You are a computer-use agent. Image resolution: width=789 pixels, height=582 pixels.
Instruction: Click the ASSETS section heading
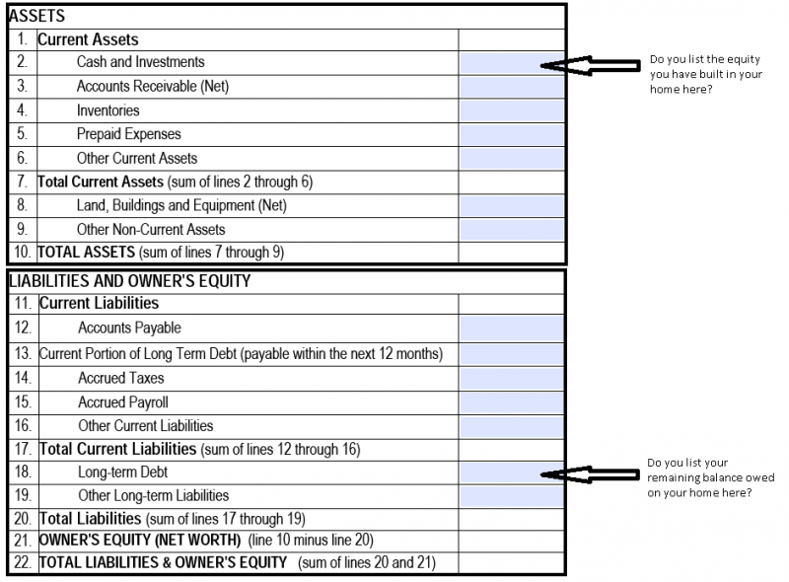coord(36,16)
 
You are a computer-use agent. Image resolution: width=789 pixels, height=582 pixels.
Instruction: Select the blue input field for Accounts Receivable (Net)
coord(511,87)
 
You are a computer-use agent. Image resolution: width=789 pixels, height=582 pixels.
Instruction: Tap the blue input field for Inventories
coord(511,110)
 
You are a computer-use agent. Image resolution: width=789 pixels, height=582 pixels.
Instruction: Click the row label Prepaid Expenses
coord(129,134)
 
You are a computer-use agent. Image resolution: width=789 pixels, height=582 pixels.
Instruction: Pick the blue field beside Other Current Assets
coord(511,158)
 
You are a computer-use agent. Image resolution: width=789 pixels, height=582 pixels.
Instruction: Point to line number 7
coord(22,182)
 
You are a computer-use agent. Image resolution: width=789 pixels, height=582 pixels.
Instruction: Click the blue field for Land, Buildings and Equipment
coord(511,206)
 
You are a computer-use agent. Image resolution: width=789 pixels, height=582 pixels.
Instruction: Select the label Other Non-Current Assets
coord(151,230)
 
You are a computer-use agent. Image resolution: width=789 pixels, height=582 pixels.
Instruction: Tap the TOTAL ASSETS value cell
coord(511,253)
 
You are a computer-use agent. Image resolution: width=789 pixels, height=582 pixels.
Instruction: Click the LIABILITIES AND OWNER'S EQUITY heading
coord(130,281)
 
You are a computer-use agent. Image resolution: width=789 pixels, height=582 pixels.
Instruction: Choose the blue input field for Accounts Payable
coord(511,328)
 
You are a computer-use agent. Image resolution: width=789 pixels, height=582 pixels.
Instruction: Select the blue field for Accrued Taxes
coord(511,379)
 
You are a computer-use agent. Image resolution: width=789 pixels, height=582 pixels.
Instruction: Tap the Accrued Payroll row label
coord(123,402)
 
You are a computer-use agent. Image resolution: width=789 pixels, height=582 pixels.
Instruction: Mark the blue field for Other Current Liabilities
coord(511,426)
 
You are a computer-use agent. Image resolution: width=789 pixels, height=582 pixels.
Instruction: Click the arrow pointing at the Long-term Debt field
coord(590,474)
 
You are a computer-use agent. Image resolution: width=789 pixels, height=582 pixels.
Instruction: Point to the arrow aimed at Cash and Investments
coord(590,65)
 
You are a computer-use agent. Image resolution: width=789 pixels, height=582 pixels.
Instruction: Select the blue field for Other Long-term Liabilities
coord(511,496)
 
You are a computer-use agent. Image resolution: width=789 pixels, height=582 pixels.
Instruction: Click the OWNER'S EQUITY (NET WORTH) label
coord(140,541)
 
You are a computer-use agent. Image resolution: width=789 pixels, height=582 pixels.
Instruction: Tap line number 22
coord(23,562)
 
